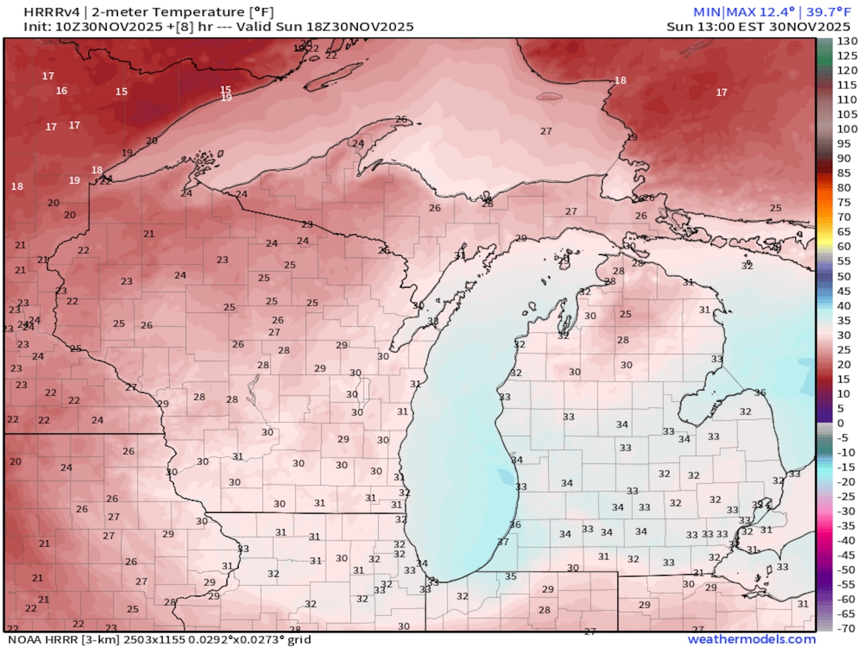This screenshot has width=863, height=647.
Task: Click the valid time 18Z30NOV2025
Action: point(360,27)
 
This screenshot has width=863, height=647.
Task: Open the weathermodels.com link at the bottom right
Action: point(751,639)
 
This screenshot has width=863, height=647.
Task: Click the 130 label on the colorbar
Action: point(847,41)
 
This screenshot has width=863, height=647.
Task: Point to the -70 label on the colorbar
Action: point(847,628)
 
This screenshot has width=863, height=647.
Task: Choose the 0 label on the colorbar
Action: point(841,423)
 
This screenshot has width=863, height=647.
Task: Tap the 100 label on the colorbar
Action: point(847,129)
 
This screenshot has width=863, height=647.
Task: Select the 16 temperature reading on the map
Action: point(61,90)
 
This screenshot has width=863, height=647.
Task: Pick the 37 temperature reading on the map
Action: point(503,542)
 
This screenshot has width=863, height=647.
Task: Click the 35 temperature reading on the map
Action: point(510,576)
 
